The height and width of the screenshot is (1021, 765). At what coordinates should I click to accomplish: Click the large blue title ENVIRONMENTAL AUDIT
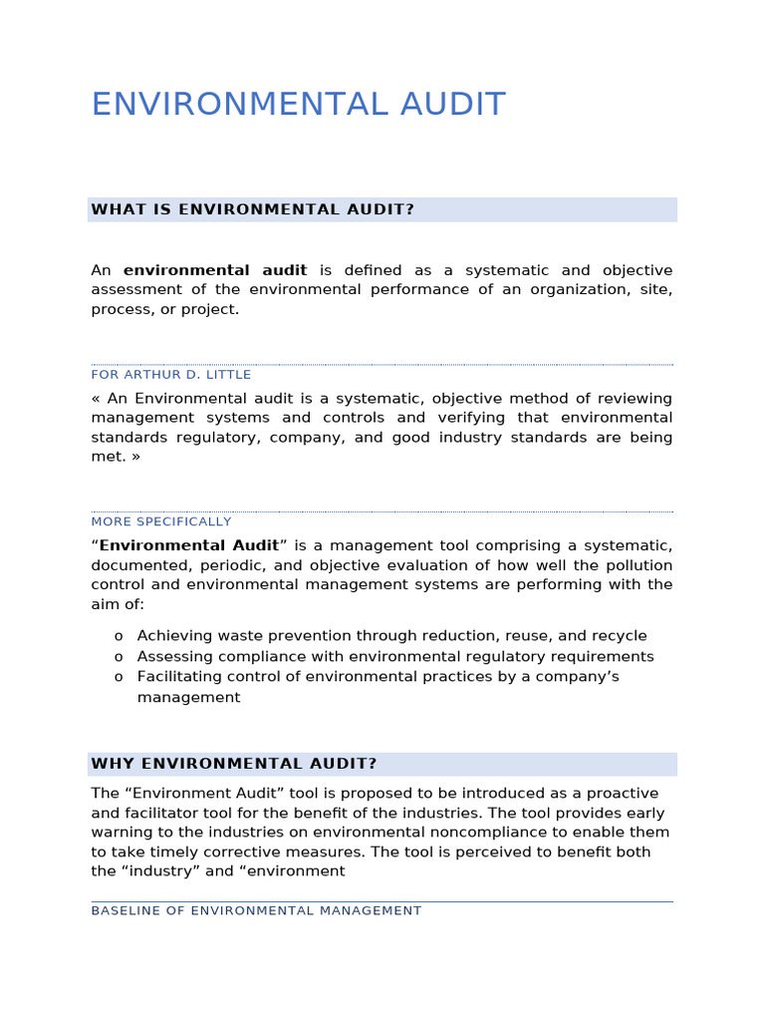(298, 105)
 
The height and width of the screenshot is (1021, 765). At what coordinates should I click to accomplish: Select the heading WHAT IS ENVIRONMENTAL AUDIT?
(252, 209)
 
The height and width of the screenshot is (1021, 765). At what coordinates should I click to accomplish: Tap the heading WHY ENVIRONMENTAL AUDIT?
(234, 764)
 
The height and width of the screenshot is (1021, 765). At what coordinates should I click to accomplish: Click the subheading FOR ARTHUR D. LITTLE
(171, 375)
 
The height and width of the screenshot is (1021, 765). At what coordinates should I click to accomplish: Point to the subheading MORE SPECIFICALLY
(161, 521)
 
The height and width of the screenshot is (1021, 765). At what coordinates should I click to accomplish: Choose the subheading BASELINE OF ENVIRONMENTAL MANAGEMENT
(256, 910)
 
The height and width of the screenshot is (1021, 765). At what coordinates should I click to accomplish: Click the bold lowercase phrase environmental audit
(215, 270)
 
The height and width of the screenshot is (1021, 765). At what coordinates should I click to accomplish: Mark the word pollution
(637, 565)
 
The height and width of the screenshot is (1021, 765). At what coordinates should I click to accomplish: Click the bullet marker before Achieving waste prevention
(119, 636)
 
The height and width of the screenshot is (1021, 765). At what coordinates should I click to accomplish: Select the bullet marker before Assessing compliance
(119, 657)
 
